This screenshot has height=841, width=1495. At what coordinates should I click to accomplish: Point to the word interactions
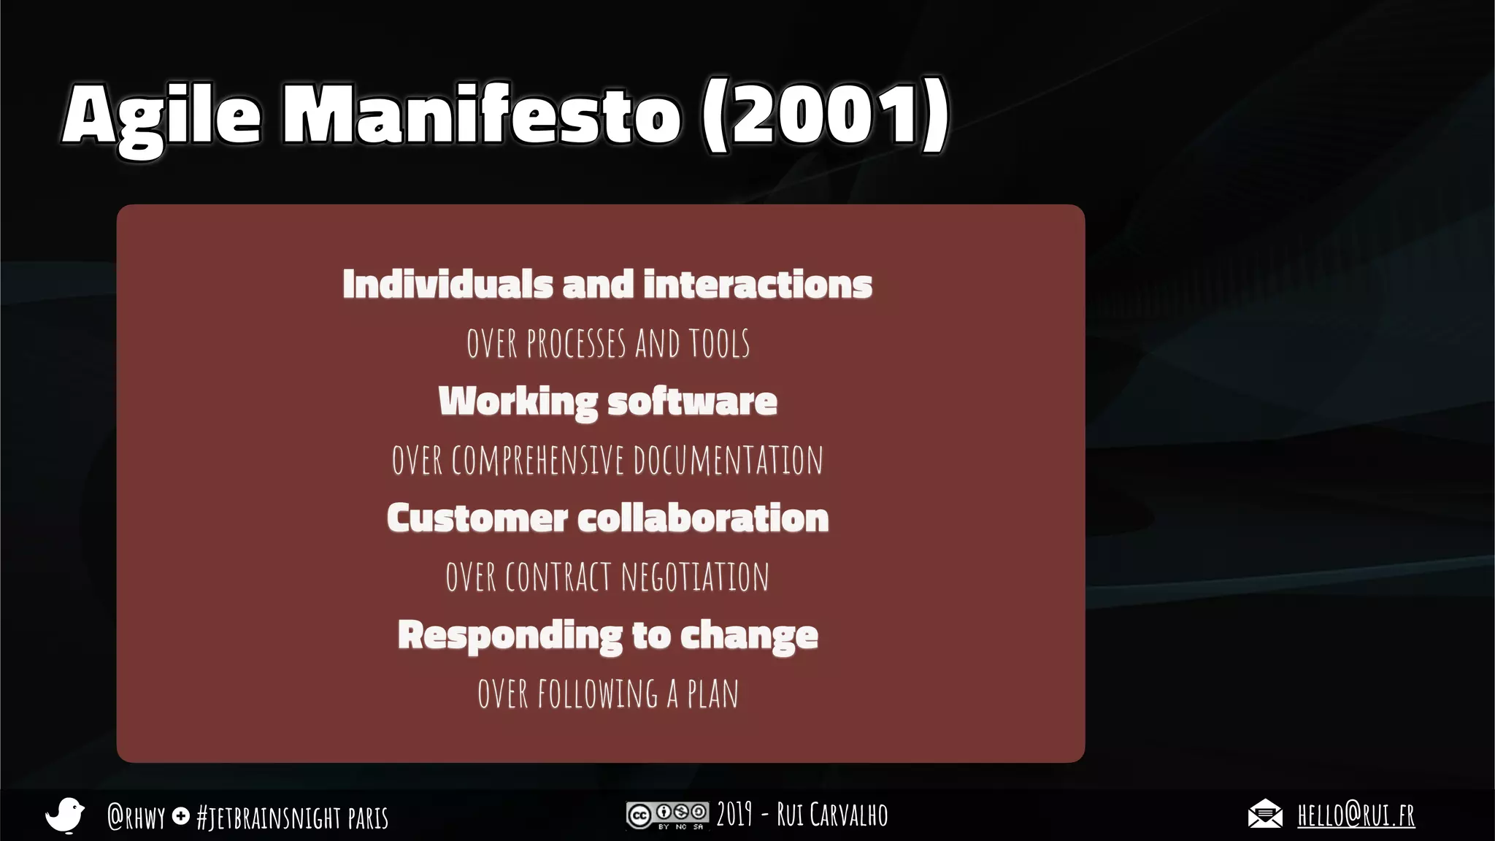tap(758, 284)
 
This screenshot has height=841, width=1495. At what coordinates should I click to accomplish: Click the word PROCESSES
tap(576, 344)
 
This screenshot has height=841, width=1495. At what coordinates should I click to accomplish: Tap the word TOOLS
tap(719, 344)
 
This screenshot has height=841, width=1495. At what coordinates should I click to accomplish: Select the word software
tap(692, 402)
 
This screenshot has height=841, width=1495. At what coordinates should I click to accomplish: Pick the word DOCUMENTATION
tap(728, 461)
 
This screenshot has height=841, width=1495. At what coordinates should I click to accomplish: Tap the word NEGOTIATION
tap(695, 577)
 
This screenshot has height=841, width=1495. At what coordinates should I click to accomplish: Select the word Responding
tap(510, 635)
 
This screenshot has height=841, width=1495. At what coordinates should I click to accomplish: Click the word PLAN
tap(712, 694)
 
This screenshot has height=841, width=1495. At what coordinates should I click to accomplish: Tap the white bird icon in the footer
tap(65, 815)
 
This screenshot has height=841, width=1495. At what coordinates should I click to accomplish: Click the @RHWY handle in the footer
tap(136, 817)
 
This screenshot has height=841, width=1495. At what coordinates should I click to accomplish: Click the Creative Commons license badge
tap(666, 815)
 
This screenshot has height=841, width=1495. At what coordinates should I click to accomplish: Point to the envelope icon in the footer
tap(1264, 814)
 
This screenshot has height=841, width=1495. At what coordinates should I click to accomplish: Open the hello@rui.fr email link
tap(1356, 815)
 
